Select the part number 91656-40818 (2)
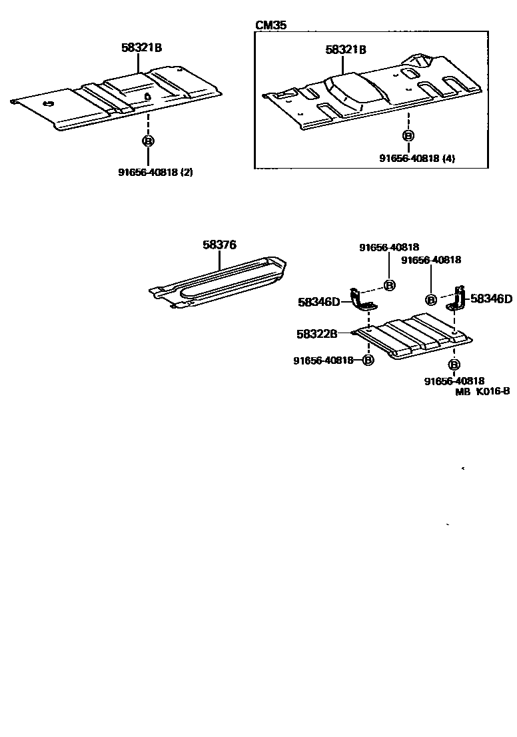(155, 172)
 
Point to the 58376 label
(219, 245)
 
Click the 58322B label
(317, 334)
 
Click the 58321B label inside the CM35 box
(346, 49)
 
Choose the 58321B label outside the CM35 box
(142, 48)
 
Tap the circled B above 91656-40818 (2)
(148, 141)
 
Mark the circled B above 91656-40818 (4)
(408, 135)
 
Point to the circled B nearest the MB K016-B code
(454, 365)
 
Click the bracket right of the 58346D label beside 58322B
(363, 301)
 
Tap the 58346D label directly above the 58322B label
(319, 302)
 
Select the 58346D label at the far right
(491, 299)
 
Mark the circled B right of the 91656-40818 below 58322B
(367, 360)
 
